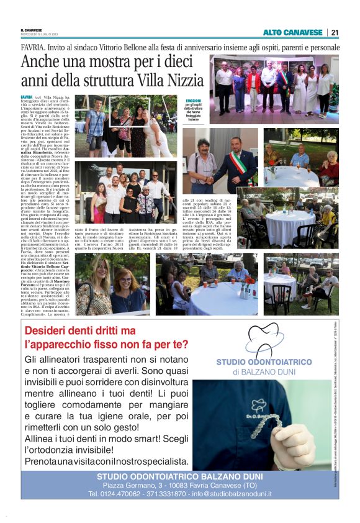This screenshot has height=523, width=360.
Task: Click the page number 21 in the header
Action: (x=334, y=32)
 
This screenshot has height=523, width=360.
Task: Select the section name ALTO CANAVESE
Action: (x=292, y=32)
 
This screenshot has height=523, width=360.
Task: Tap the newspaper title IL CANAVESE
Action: (x=32, y=30)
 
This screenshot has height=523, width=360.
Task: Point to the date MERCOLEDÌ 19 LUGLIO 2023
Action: (x=39, y=35)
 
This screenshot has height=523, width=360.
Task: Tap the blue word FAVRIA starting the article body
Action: (x=26, y=98)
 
